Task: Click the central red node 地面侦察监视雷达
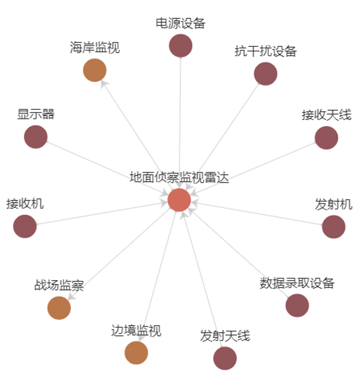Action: coord(179,200)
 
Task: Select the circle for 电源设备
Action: coord(181,46)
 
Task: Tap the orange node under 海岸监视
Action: coord(95,71)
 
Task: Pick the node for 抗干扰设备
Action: coord(265,74)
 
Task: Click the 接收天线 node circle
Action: coord(326,137)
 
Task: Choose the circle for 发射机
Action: coord(333,227)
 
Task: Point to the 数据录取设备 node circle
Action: coord(297,306)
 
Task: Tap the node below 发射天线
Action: coord(225,358)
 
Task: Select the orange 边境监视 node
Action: coord(136,353)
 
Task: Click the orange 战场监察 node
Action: coord(59,308)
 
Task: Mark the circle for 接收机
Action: coord(25,226)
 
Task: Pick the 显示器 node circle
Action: coord(36,137)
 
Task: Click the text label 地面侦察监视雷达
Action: coord(179,178)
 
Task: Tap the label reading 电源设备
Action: coord(181,23)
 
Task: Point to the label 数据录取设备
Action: coord(297,282)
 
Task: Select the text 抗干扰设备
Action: coord(265,51)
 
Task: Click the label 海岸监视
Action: coord(95,48)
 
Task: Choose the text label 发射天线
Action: coord(225,336)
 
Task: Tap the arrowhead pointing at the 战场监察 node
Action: coord(70,296)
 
